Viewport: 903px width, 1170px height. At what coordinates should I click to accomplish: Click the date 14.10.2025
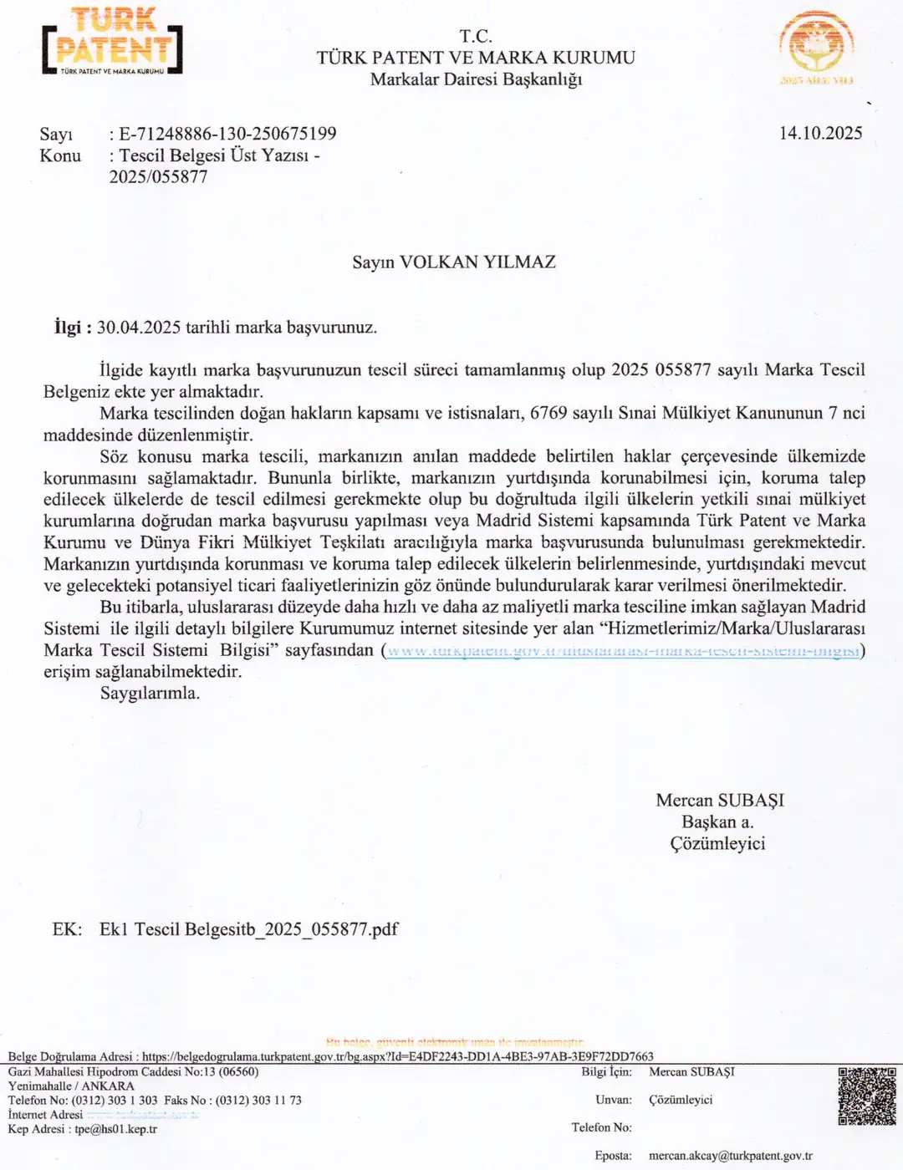(820, 133)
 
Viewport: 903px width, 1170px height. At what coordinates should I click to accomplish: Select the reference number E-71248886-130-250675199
(227, 134)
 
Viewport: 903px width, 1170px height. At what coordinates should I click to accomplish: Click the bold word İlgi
(67, 327)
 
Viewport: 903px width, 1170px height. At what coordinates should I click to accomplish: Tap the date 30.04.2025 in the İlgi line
(139, 327)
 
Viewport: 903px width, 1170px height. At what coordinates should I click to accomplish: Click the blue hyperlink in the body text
(623, 650)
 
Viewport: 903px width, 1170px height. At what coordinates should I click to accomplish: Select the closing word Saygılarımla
(150, 693)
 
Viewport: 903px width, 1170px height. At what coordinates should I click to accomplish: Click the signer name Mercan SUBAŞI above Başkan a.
(720, 800)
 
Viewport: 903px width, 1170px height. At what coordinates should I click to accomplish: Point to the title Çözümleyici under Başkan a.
(717, 843)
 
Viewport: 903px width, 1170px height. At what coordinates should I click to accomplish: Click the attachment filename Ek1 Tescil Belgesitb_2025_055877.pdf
(248, 929)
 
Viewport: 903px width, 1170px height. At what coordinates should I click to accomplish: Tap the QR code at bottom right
(867, 1096)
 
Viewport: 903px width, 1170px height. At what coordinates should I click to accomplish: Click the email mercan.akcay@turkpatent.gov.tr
(730, 1156)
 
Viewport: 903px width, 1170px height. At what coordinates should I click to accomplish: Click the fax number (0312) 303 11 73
(258, 1101)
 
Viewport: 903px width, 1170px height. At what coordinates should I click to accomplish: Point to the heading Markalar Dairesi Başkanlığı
(476, 79)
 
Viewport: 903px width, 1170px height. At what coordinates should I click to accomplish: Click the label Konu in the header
(60, 155)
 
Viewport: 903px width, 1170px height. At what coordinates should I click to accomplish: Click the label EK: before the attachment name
(67, 929)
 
